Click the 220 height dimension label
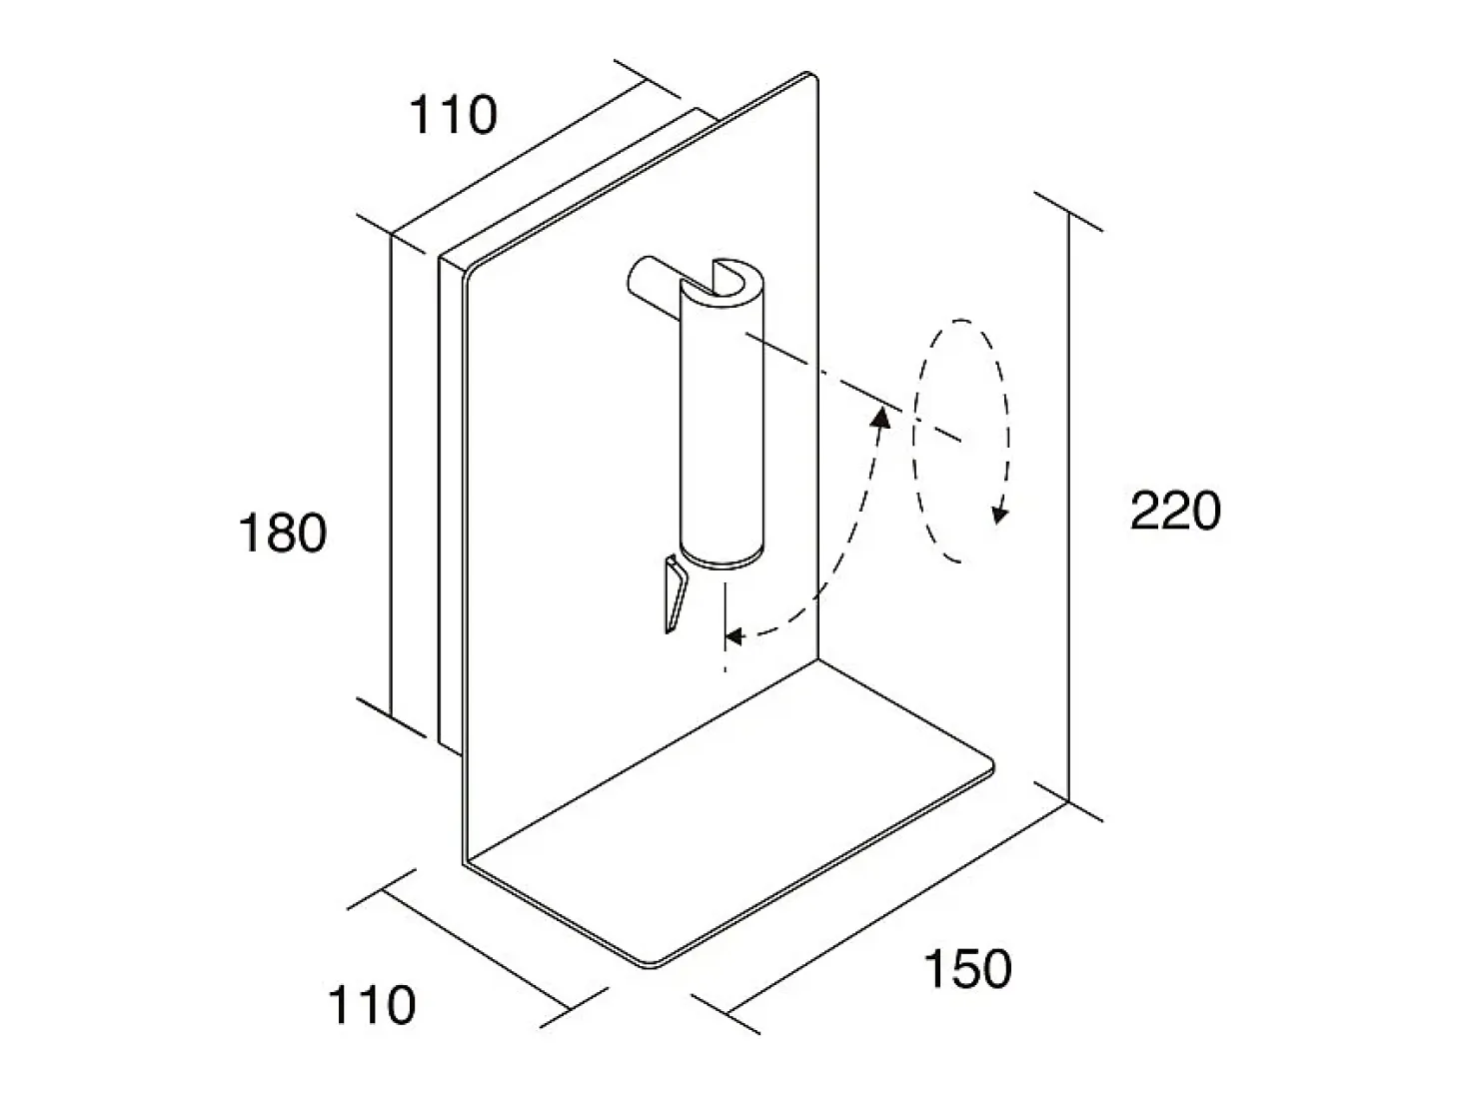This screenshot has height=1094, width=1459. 1175,511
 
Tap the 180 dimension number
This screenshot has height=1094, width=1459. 283,533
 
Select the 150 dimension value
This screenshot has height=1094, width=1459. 967,969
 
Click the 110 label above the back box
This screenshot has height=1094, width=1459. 453,115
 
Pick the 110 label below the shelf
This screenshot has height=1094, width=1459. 372,1006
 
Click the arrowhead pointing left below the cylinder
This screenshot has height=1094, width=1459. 733,637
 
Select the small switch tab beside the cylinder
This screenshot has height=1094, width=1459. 675,593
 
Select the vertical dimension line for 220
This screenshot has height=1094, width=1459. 1069,508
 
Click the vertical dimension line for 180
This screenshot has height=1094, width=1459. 391,476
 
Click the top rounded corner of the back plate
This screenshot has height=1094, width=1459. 810,75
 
